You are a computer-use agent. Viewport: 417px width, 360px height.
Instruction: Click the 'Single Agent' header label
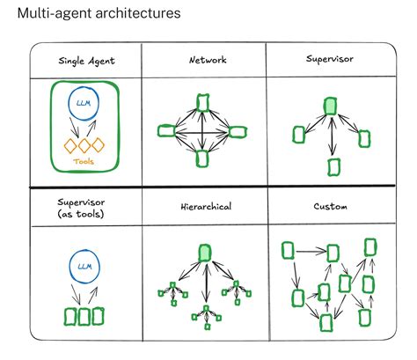[x=85, y=62]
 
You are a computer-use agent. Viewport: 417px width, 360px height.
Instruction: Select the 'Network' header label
[x=207, y=60]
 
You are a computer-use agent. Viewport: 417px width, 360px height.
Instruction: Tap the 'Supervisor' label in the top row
[x=329, y=60]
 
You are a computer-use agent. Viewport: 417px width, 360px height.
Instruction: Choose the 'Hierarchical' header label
[x=207, y=207]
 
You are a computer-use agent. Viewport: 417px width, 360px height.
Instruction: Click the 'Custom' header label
[x=329, y=207]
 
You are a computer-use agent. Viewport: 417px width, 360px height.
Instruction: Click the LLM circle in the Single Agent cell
[x=86, y=107]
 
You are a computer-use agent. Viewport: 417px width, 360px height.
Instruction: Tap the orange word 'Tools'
[x=84, y=162]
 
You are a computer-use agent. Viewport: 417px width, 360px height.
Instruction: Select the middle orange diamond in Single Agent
[x=85, y=145]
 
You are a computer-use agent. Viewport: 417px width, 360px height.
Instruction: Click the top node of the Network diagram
[x=203, y=103]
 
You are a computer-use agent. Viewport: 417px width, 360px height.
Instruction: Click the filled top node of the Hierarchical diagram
[x=205, y=253]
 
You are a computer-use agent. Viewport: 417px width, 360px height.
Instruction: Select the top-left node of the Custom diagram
[x=288, y=251]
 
